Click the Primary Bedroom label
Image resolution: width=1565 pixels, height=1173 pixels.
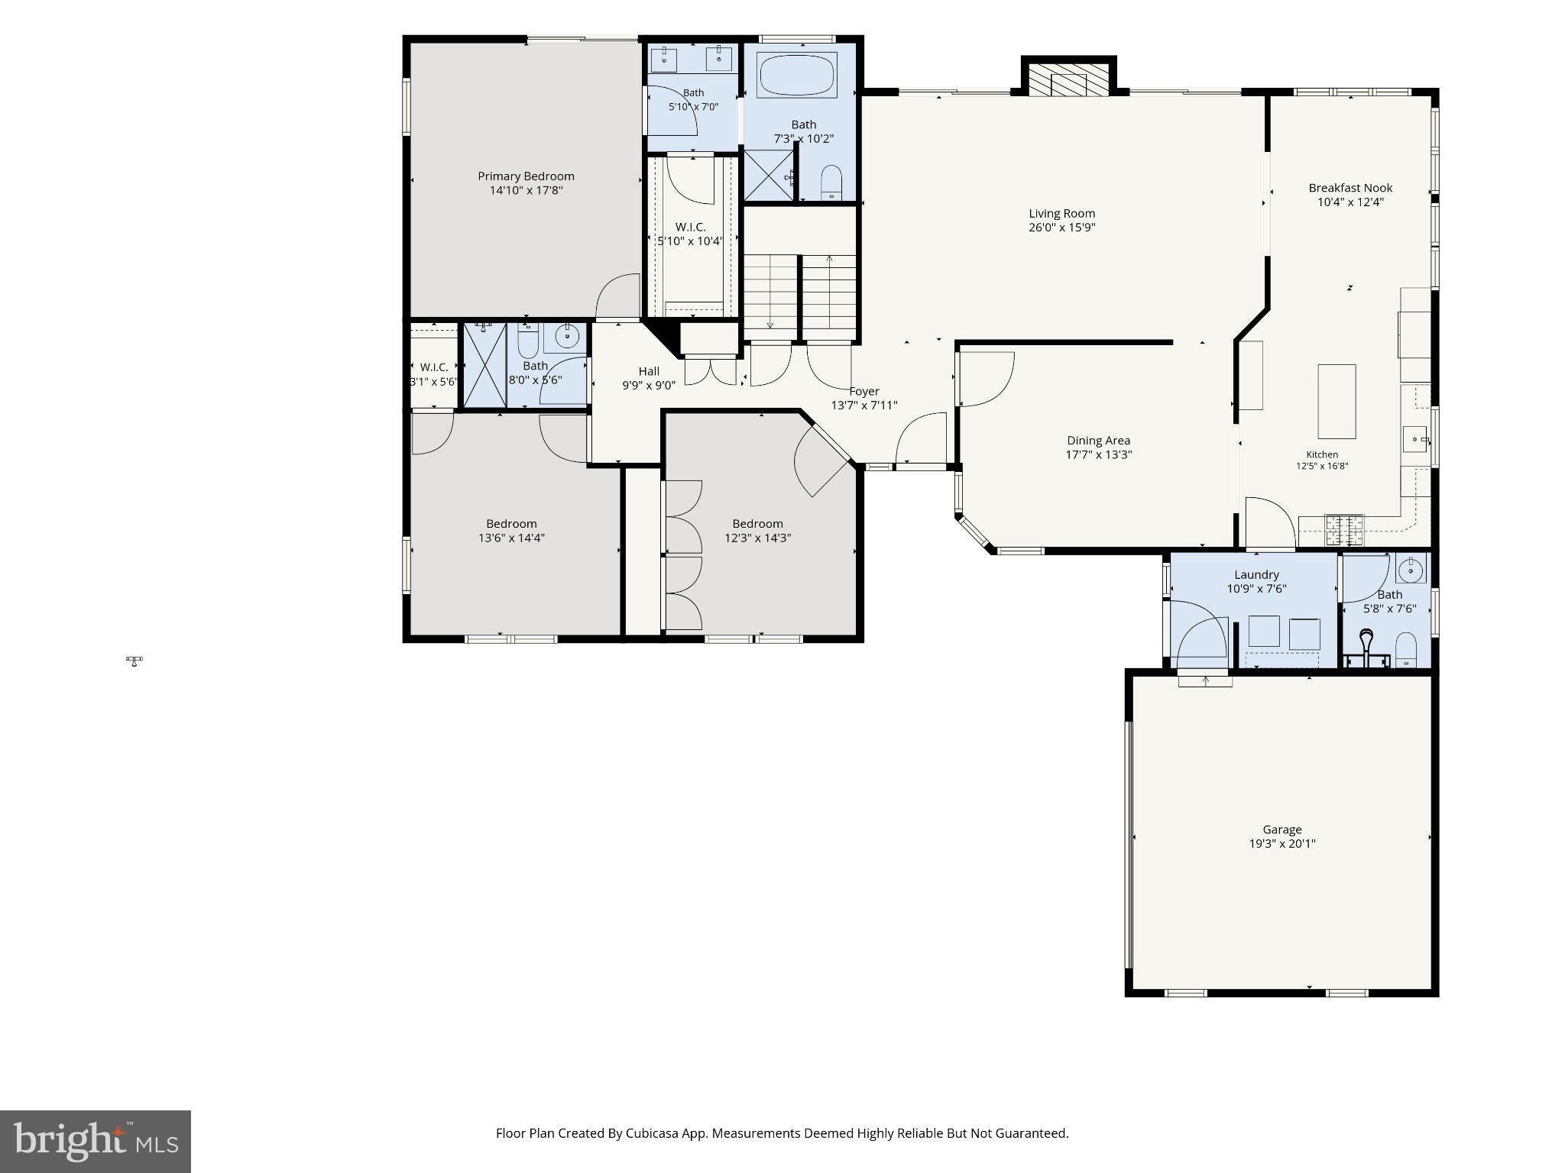tap(526, 176)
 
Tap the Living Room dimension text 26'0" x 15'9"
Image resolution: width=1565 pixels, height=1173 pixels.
tap(1062, 228)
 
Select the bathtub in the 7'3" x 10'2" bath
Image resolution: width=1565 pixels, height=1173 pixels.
tap(797, 75)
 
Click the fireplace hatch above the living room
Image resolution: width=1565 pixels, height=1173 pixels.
tap(1068, 79)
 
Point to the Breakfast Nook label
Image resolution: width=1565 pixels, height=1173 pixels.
tap(1350, 188)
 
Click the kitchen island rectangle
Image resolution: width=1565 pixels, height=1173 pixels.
tap(1337, 402)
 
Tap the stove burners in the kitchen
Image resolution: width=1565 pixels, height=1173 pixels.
tap(1344, 528)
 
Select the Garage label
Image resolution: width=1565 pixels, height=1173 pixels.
tap(1281, 829)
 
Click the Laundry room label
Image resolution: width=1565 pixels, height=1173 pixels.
tap(1256, 575)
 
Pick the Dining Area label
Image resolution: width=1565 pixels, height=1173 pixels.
tap(1098, 441)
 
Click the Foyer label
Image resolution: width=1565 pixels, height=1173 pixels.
tap(864, 392)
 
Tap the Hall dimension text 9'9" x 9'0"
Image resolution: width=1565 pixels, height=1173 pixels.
tap(649, 386)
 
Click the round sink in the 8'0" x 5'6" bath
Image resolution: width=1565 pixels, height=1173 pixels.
tap(566, 334)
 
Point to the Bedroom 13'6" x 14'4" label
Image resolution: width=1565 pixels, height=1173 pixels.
tap(511, 524)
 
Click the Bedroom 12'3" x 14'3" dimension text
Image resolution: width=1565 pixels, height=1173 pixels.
tap(757, 538)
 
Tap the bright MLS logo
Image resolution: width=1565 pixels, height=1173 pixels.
tap(96, 1142)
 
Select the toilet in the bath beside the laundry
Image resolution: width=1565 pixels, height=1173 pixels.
tap(1406, 650)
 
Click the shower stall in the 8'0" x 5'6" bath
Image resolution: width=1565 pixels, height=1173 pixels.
tap(486, 365)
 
